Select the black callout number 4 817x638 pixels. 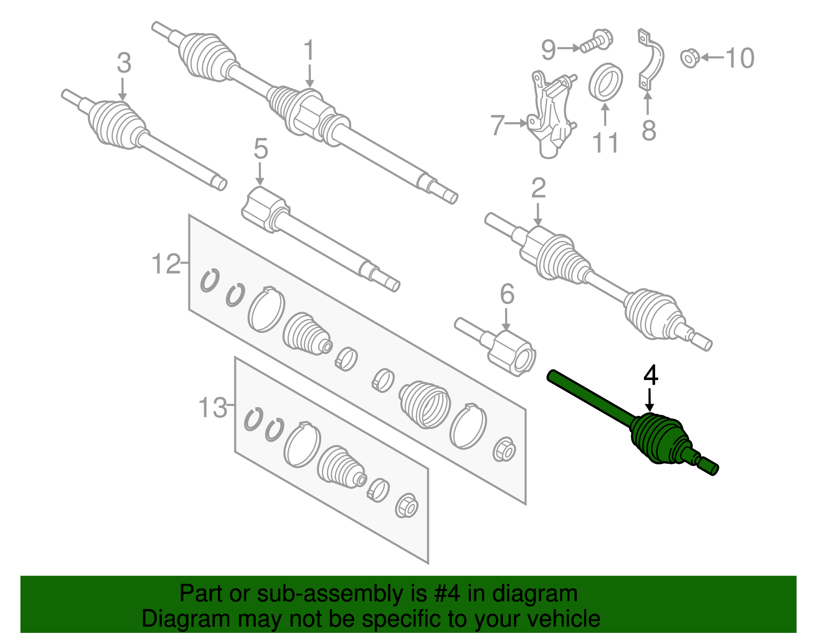coord(651,376)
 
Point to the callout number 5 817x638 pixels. coord(260,149)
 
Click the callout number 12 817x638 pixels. coord(166,265)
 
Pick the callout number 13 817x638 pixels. coord(212,408)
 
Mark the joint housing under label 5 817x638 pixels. coord(266,208)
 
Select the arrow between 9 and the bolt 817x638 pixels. coord(568,49)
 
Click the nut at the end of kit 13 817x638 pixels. coord(407,506)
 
